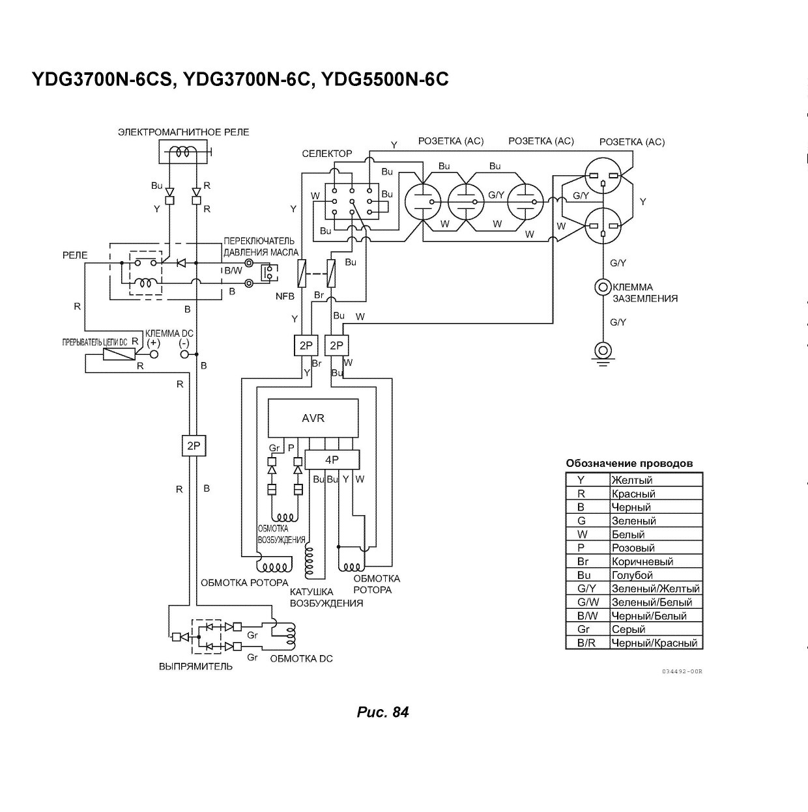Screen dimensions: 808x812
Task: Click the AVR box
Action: [313, 418]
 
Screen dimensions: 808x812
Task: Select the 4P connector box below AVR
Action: [332, 460]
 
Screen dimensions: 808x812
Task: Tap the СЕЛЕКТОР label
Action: [327, 154]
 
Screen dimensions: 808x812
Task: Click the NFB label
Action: [285, 296]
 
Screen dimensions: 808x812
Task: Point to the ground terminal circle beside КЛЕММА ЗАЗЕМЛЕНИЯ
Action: [603, 287]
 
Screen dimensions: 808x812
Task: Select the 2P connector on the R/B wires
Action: [194, 445]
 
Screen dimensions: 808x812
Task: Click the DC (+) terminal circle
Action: [154, 354]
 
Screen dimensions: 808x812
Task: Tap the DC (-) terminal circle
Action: [184, 354]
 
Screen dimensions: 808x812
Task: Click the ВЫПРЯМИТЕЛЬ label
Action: [195, 666]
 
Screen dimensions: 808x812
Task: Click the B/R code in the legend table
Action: [586, 643]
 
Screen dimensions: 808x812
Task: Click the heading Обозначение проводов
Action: [629, 464]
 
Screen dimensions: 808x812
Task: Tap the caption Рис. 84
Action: [383, 712]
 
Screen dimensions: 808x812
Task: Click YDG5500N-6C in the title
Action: [385, 79]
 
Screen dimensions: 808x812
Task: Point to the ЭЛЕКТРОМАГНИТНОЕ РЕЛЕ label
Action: [184, 132]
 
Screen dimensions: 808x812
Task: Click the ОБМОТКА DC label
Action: [301, 658]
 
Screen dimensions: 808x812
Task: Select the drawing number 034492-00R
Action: [682, 671]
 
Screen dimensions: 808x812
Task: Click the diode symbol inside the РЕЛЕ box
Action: [181, 263]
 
